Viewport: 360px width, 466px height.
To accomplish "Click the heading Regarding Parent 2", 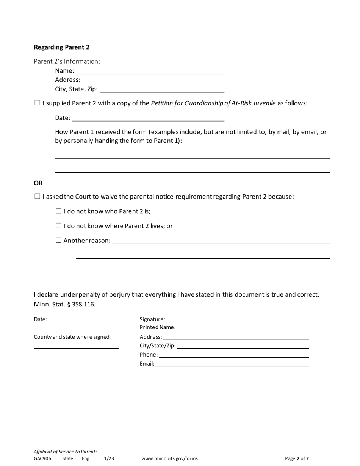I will click(62, 47).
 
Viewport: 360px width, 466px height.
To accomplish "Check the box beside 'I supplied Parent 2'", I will click(37, 103).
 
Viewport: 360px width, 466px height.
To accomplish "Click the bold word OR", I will click(38, 183).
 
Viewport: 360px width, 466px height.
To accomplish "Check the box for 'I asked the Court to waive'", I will click(37, 196).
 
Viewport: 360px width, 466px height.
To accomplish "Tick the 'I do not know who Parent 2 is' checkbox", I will click(58, 211).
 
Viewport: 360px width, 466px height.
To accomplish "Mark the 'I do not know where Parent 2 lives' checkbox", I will click(58, 226).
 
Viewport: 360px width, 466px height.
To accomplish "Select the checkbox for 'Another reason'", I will click(58, 240).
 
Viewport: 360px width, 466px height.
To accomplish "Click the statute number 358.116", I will click(83, 304).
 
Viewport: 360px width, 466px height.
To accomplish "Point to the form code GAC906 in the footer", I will click(42, 458).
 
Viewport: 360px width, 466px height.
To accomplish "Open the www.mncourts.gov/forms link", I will click(169, 458).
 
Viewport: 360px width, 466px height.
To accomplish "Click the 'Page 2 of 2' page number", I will click(297, 458).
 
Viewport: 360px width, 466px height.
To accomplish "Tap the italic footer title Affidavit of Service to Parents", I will click(66, 452).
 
